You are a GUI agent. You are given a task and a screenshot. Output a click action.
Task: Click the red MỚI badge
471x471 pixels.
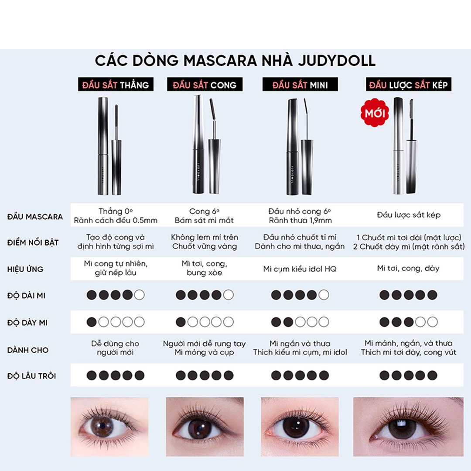375,113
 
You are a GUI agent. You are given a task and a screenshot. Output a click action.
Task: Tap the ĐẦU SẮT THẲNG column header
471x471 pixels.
116,85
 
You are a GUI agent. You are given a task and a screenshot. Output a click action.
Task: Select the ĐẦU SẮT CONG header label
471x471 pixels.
205,85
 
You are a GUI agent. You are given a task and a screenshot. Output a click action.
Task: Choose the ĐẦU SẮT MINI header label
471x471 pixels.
300,85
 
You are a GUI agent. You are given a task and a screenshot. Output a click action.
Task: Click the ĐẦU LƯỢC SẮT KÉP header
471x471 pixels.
409,85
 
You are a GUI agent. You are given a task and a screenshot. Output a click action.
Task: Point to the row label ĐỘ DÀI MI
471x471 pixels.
27,296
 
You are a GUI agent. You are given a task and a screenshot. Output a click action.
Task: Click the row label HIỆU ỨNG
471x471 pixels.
25,269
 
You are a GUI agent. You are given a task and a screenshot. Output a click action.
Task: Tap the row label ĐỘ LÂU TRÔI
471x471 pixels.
31,376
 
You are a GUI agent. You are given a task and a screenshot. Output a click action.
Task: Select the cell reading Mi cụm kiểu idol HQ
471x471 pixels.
300,269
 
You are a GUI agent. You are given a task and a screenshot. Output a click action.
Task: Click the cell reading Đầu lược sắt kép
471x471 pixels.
409,215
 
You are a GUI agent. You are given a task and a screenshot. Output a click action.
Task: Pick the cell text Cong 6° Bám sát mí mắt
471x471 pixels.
204,216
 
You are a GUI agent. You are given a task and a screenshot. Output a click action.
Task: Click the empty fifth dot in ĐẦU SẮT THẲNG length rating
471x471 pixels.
140,295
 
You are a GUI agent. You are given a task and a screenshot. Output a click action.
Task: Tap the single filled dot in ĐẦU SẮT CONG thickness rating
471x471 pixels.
181,322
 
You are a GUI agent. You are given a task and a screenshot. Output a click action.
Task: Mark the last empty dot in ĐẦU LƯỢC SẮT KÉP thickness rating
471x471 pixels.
432,322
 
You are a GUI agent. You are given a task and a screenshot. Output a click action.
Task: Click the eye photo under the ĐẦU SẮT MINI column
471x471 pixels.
300,427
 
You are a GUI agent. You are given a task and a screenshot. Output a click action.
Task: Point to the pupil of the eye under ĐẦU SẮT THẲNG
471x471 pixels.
102,426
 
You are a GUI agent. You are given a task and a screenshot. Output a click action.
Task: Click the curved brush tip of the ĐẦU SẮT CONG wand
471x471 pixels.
212,109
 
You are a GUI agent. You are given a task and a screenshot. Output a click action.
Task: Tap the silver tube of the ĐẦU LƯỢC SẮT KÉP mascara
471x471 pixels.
399,146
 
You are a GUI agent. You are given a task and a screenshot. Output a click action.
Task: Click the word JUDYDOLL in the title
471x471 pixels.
337,61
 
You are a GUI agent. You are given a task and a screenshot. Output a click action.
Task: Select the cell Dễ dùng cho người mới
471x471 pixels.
115,348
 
